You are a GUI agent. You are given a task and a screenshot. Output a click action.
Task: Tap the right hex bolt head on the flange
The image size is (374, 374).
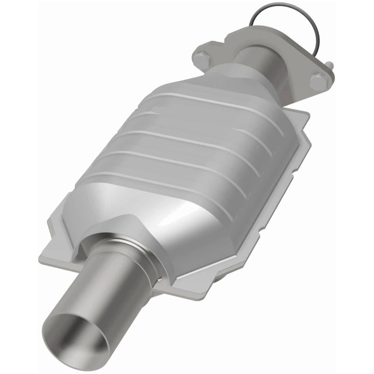pos(318,82)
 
